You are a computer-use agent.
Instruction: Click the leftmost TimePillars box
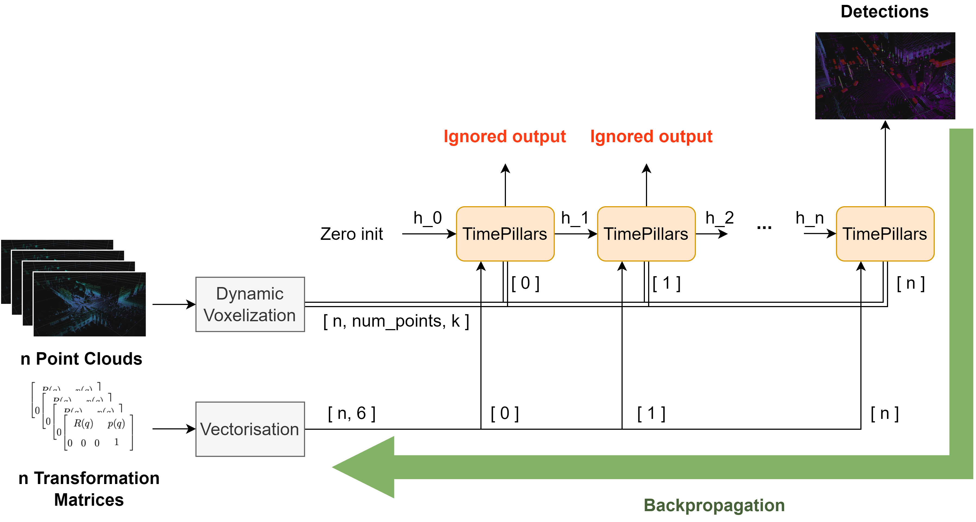505,234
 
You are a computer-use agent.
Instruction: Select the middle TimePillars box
646,234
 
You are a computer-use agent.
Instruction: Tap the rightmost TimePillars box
885,234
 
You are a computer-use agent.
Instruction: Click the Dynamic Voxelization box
250,304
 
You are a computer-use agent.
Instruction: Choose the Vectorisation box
250,429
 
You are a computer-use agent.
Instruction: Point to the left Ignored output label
505,136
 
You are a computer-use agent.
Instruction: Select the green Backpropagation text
714,505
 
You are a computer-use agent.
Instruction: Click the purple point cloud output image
885,76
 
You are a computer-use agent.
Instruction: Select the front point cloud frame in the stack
90,304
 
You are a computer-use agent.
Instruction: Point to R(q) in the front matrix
83,423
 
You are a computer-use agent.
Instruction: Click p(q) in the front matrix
116,423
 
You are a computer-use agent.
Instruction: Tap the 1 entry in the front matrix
116,442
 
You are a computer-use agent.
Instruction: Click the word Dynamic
250,294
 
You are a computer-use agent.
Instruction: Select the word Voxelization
250,315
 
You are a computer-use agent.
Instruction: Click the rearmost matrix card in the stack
64,384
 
